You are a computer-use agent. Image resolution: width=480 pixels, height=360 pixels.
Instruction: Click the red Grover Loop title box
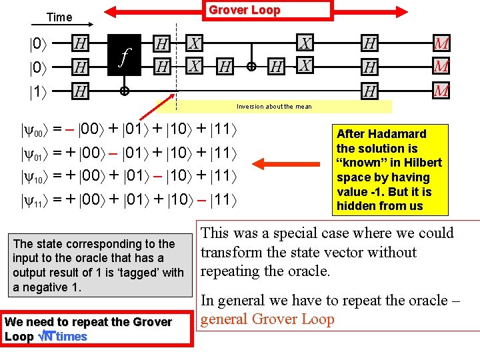pyautogui.click(x=245, y=10)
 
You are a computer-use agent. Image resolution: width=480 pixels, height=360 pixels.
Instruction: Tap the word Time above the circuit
pyautogui.click(x=59, y=17)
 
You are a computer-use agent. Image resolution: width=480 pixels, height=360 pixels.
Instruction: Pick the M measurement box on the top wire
pyautogui.click(x=441, y=45)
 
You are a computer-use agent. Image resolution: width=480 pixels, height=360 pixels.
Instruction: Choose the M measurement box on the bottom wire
pyautogui.click(x=441, y=91)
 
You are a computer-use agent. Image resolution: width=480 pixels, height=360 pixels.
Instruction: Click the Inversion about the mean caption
pyautogui.click(x=274, y=107)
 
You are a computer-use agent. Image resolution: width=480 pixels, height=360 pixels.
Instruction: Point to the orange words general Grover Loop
pyautogui.click(x=267, y=319)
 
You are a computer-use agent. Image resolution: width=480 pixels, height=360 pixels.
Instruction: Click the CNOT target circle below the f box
pyautogui.click(x=124, y=92)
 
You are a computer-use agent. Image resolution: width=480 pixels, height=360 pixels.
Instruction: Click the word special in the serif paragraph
pyautogui.click(x=309, y=233)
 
